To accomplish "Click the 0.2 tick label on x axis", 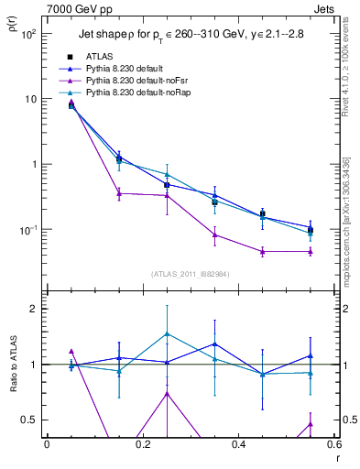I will point(142,446).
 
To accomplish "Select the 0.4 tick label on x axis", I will point(238,446).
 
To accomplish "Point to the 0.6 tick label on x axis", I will point(333,446).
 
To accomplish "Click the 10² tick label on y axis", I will point(28,34).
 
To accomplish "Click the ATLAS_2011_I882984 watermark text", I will point(190,273).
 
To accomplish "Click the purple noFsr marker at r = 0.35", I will point(214,234).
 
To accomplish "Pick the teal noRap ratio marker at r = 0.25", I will point(167,334).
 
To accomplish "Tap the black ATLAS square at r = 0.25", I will point(167,185).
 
